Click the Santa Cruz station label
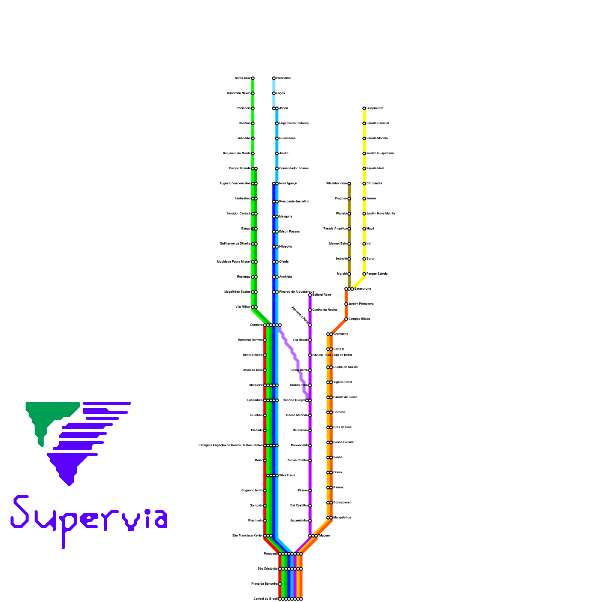point(242,78)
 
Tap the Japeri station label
point(283,108)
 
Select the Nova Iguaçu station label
point(288,183)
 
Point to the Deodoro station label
point(256,325)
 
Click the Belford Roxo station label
point(322,295)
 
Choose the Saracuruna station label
point(363,289)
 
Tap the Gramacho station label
point(341,334)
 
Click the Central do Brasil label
point(265,599)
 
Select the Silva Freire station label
point(287,475)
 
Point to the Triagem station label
point(324,535)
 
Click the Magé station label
point(370,228)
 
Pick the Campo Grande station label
point(240,168)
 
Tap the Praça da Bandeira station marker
point(280,584)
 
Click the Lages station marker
point(274,93)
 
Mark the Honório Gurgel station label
point(293,400)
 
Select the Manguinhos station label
point(342,517)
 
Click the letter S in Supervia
point(20,512)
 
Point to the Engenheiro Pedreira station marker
point(277,123)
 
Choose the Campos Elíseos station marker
point(346,319)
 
